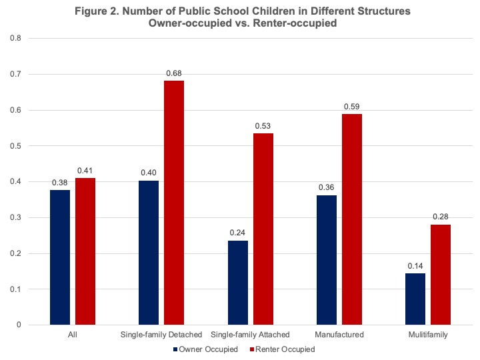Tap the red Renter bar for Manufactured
[x=352, y=219]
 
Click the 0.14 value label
[x=416, y=265]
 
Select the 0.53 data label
[x=263, y=125]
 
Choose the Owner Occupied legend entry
[x=207, y=349]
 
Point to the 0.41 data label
[x=85, y=170]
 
